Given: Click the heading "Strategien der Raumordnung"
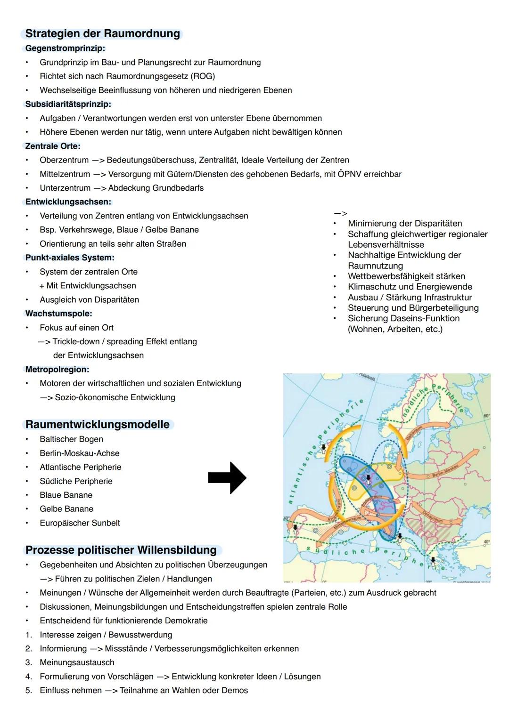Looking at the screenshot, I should coord(102,34).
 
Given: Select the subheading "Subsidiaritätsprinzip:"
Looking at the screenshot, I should coord(68,104).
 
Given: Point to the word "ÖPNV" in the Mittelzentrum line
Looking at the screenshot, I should coord(350,174).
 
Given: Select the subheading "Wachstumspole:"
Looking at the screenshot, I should coord(58,314).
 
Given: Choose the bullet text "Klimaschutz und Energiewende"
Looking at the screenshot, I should coord(410,287).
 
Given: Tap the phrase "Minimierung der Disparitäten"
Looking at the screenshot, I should coord(404,224).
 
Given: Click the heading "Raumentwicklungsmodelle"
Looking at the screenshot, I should coord(97,424).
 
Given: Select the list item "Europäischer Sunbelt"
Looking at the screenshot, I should coord(80,523).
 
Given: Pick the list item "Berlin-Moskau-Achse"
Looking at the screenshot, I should coord(79,453).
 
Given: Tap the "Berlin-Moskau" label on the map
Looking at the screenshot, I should coord(445,470).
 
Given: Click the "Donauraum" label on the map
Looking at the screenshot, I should coord(432,516).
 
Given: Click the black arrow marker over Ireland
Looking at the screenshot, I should coord(324,447).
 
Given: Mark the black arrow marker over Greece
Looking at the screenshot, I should coord(433,560).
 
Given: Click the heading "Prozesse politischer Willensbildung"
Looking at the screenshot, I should coord(121,550).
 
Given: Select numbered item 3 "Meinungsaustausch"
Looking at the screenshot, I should coord(77,662).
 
